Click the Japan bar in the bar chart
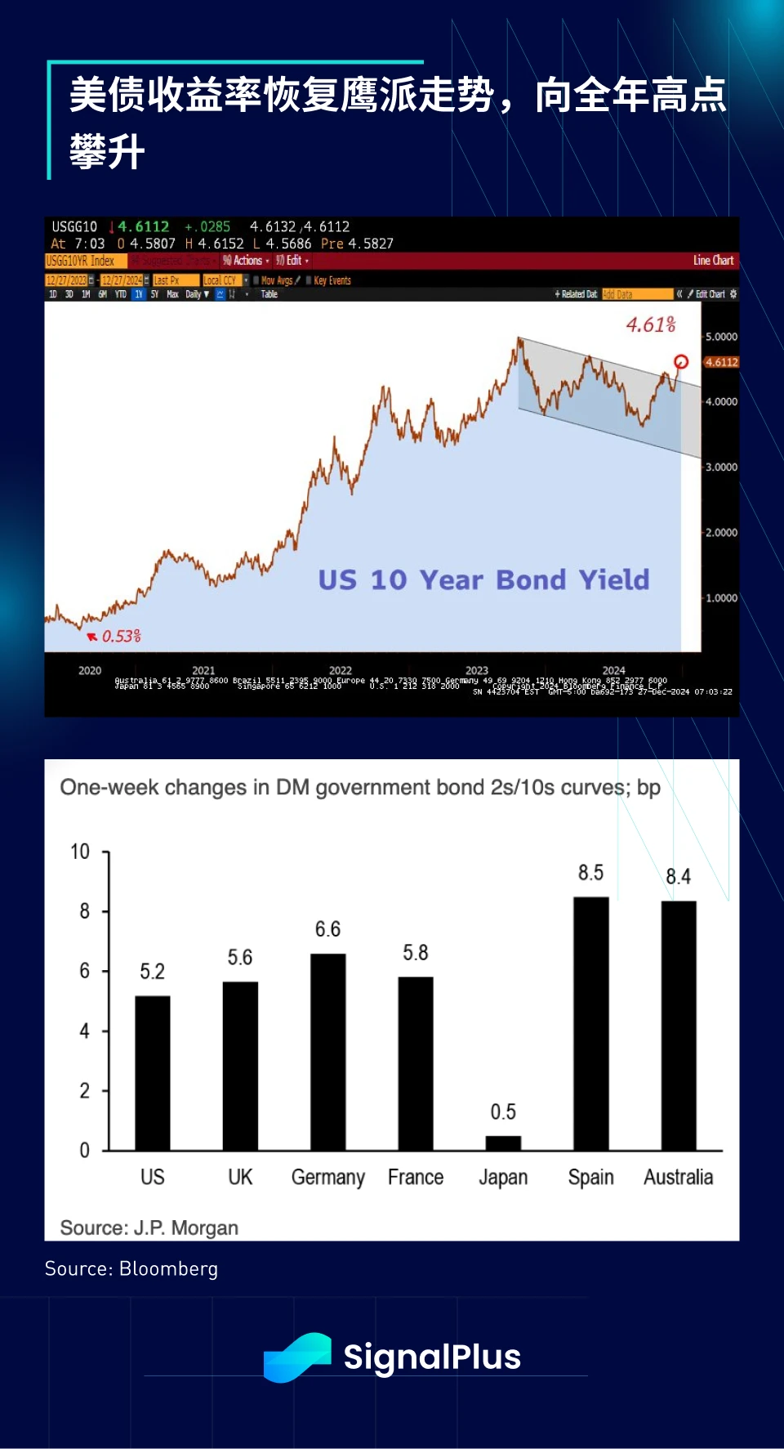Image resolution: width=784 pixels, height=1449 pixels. click(503, 1143)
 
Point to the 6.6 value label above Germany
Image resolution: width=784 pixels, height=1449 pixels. click(327, 929)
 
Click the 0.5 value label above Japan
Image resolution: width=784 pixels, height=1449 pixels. click(503, 1111)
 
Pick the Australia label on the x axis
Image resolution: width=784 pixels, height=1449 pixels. click(678, 1177)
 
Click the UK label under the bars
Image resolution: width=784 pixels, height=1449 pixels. click(240, 1177)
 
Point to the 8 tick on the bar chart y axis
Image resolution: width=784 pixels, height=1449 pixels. click(84, 911)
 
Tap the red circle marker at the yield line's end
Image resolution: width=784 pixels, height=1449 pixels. click(681, 362)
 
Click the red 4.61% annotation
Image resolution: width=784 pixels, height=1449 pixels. click(651, 324)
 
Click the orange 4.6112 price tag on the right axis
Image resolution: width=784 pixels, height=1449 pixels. click(721, 362)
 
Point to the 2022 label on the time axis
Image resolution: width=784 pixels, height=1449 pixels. click(341, 670)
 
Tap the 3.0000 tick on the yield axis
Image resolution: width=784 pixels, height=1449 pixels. click(721, 467)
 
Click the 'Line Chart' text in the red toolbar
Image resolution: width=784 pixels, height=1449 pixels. click(713, 261)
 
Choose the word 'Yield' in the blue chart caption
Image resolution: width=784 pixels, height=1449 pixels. click(614, 579)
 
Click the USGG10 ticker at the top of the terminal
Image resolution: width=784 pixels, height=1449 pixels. click(74, 226)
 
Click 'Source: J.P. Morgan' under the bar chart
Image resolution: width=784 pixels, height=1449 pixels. click(149, 1228)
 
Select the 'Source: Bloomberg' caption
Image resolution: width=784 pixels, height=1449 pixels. click(131, 1268)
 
